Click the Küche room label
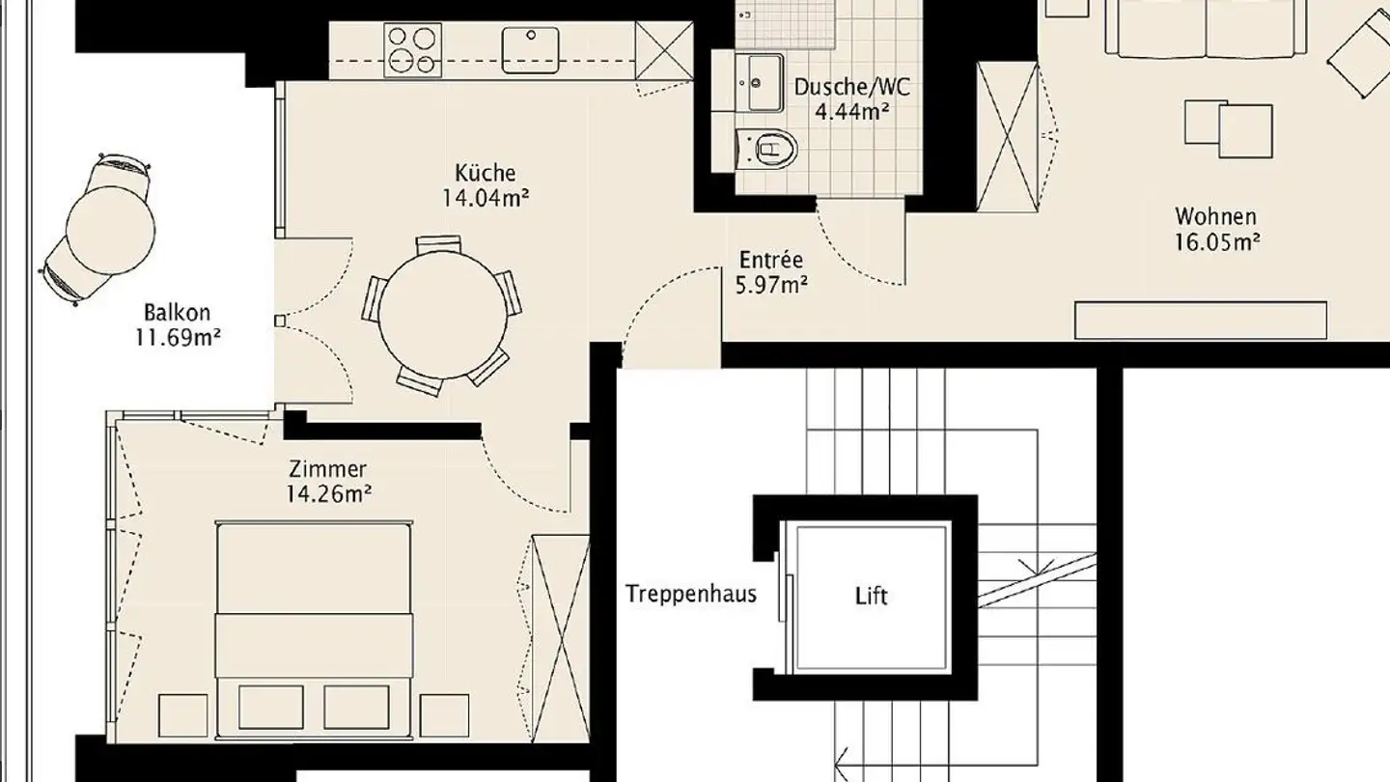pos(486,174)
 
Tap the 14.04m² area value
pos(486,199)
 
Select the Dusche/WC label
pos(851,87)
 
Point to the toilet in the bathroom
pos(768,148)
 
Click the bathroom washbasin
pos(761,82)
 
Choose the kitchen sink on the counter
pos(530,49)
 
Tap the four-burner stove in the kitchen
pos(411,49)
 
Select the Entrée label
pos(770,260)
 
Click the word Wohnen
pos(1215,216)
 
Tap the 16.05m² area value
pos(1217,241)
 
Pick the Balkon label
pos(177,313)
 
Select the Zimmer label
pos(328,470)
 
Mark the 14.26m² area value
pos(329,494)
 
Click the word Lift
pos(872,596)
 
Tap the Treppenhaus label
pos(690,593)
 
